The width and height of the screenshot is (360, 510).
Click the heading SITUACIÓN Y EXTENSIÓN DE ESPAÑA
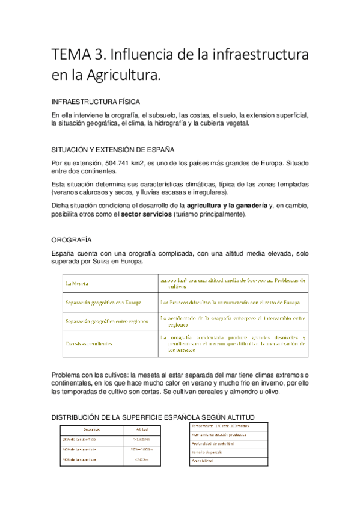click(113, 150)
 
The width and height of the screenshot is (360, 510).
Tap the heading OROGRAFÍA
click(72, 239)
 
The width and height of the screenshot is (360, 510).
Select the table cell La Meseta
click(77, 283)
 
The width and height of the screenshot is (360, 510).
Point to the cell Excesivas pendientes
click(90, 344)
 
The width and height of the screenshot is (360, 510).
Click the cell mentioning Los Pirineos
click(230, 303)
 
